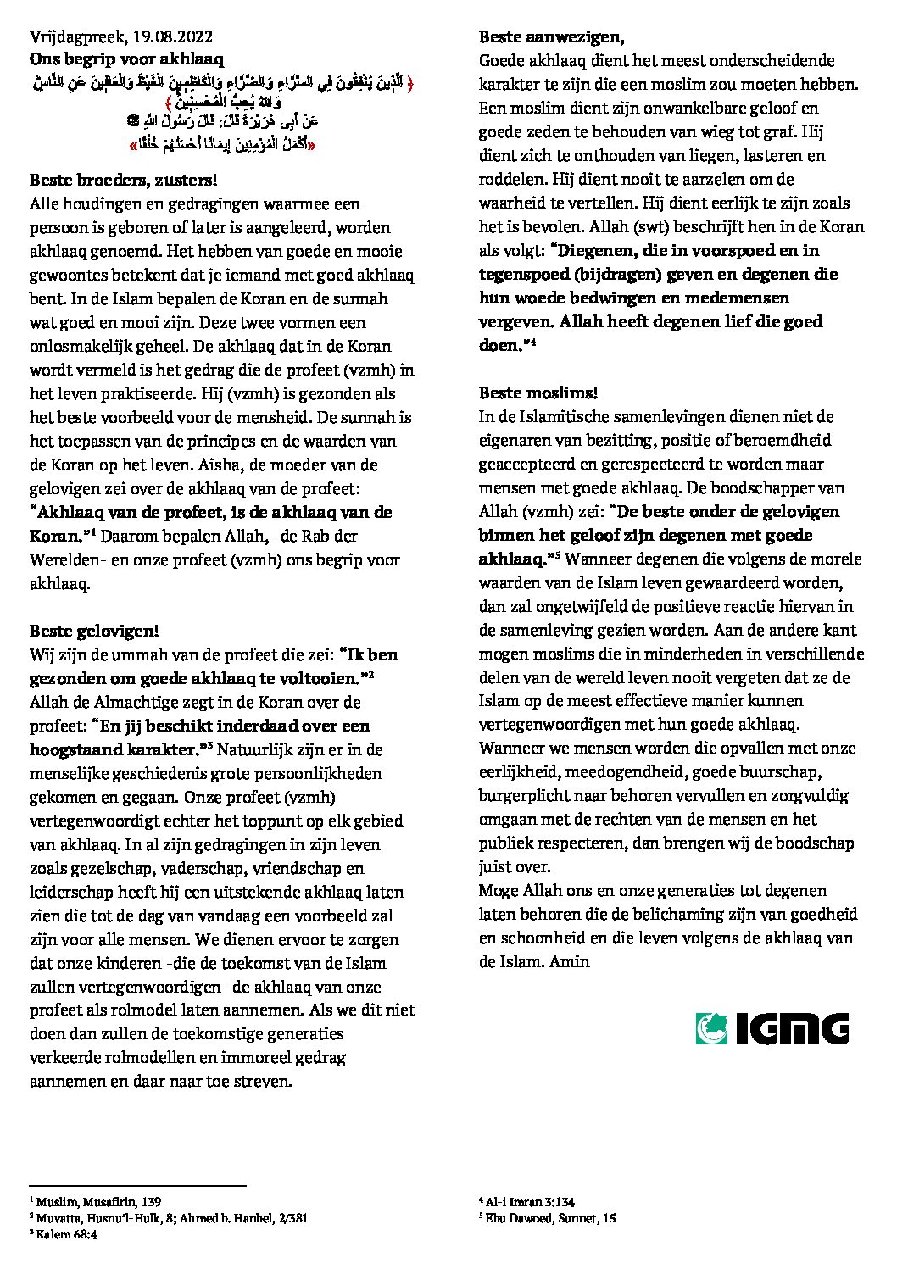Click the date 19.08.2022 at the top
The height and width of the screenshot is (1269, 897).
pyautogui.click(x=172, y=36)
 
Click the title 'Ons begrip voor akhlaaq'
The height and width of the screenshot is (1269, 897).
pyautogui.click(x=126, y=59)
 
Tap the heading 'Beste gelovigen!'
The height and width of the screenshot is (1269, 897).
pyautogui.click(x=94, y=631)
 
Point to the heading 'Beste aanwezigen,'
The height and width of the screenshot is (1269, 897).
pyautogui.click(x=551, y=36)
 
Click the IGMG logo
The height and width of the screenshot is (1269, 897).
pyautogui.click(x=772, y=1027)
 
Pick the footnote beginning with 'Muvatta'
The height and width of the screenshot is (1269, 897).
pyautogui.click(x=170, y=1218)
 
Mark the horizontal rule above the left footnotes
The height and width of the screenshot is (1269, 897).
pyautogui.click(x=137, y=1186)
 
